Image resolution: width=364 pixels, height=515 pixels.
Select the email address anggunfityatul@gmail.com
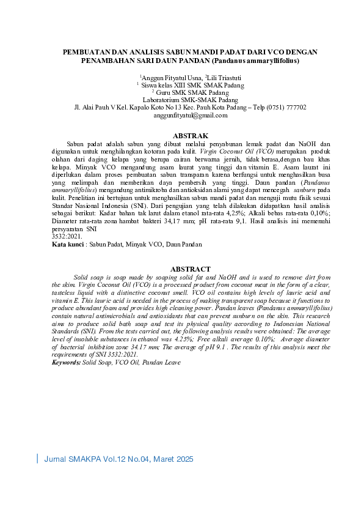click(x=181, y=115)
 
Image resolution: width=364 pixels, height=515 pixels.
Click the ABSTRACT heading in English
click(x=191, y=269)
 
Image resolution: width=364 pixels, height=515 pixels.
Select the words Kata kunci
click(x=67, y=245)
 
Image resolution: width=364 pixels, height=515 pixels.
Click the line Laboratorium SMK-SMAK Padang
click(x=181, y=99)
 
